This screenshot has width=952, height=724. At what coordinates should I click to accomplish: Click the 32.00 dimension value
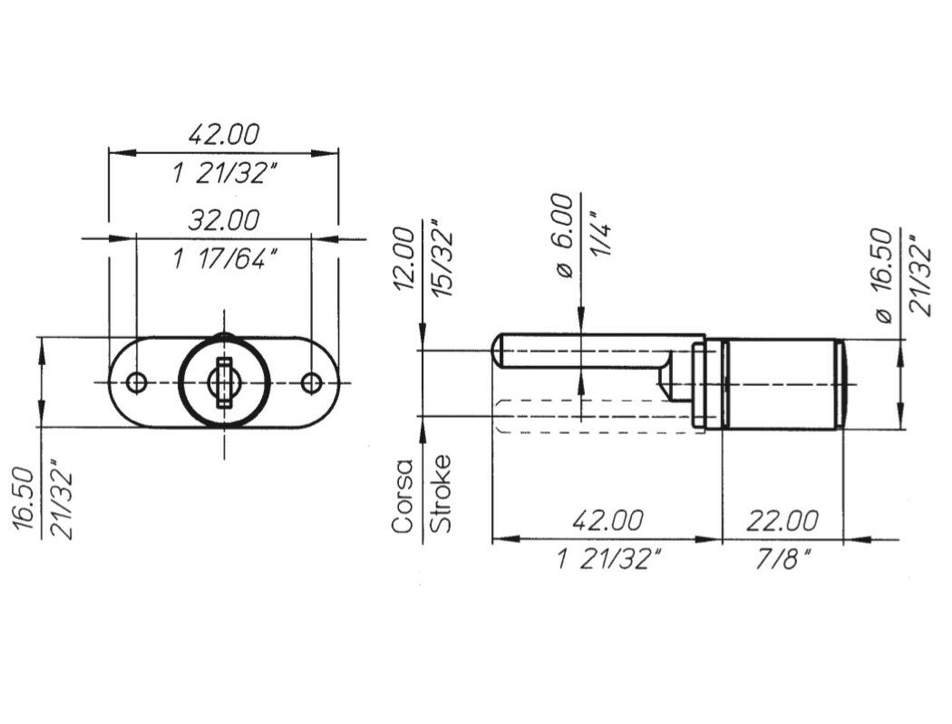pyautogui.click(x=223, y=219)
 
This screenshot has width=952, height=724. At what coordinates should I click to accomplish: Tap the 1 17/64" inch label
pyautogui.click(x=225, y=260)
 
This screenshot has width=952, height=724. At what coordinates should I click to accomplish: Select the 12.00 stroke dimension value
pyautogui.click(x=404, y=259)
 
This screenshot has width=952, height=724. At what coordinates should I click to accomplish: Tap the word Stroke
pyautogui.click(x=441, y=493)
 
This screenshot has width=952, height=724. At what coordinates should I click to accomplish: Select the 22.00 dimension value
pyautogui.click(x=782, y=521)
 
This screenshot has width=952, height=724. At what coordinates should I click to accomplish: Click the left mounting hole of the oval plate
pyautogui.click(x=137, y=383)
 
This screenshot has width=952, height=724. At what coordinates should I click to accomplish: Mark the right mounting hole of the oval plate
pyautogui.click(x=312, y=383)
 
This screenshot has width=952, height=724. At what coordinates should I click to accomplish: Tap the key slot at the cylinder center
pyautogui.click(x=224, y=382)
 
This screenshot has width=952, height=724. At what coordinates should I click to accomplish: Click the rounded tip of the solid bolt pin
pyautogui.click(x=497, y=351)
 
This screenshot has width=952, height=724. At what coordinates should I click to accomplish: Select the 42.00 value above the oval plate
pyautogui.click(x=223, y=134)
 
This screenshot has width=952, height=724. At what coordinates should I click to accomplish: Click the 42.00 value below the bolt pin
pyautogui.click(x=607, y=521)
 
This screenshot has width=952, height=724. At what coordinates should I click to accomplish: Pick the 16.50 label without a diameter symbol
pyautogui.click(x=24, y=499)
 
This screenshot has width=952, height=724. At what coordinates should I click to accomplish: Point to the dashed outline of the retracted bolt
pyautogui.click(x=598, y=417)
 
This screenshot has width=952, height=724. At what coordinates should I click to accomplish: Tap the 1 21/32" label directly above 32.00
pyautogui.click(x=225, y=174)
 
